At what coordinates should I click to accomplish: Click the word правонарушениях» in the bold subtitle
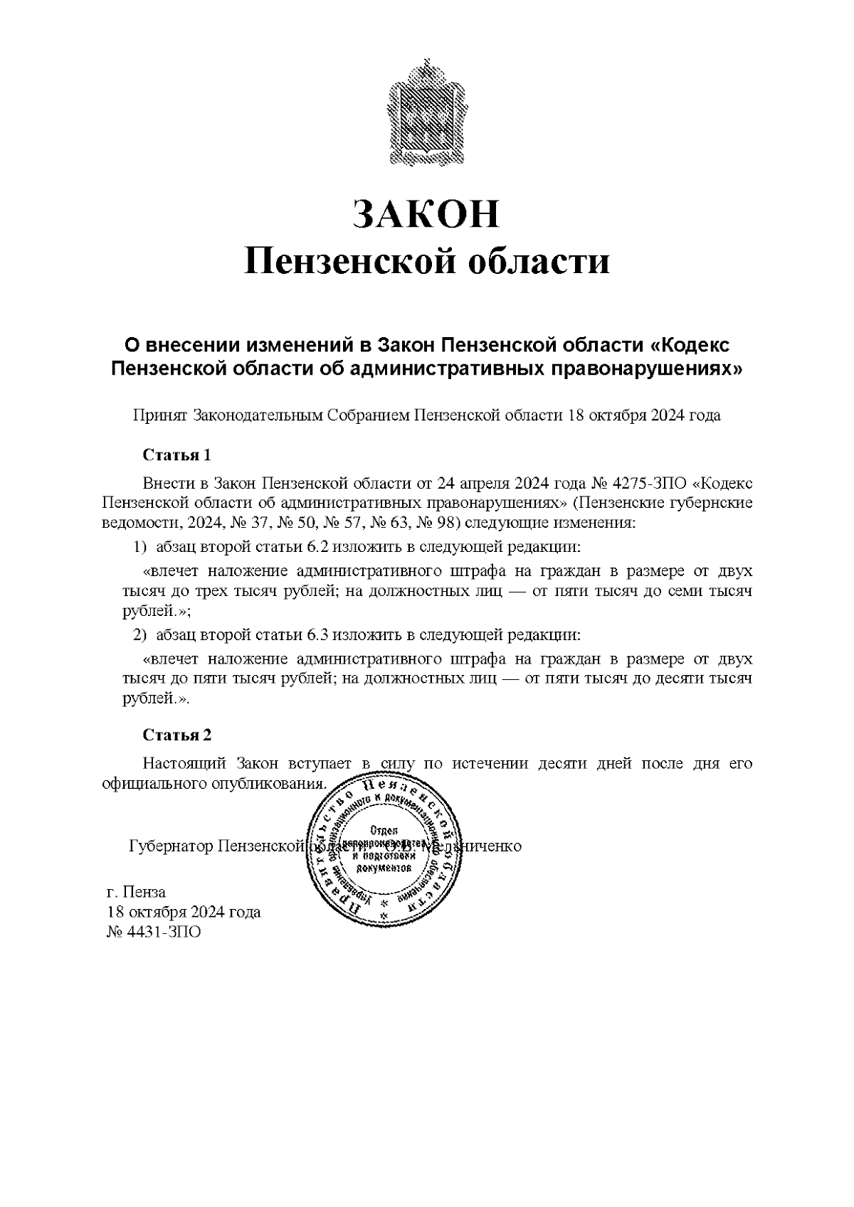(648, 368)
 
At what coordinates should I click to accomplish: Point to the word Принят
(160, 416)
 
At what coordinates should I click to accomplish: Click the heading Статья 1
(176, 455)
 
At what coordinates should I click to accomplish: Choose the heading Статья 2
(176, 735)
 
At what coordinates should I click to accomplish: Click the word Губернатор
(172, 846)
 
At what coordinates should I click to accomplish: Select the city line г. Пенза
(136, 892)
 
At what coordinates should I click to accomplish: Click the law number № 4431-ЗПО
(154, 932)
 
